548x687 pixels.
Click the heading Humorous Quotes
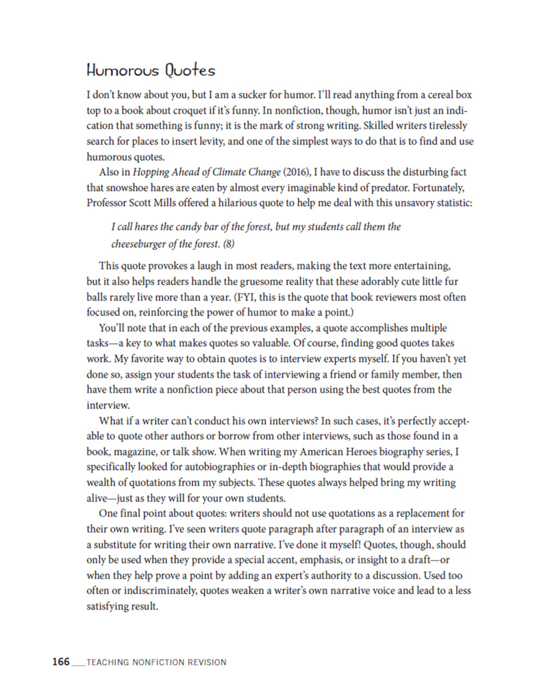[151, 70]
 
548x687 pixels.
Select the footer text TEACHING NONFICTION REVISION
[157, 662]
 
